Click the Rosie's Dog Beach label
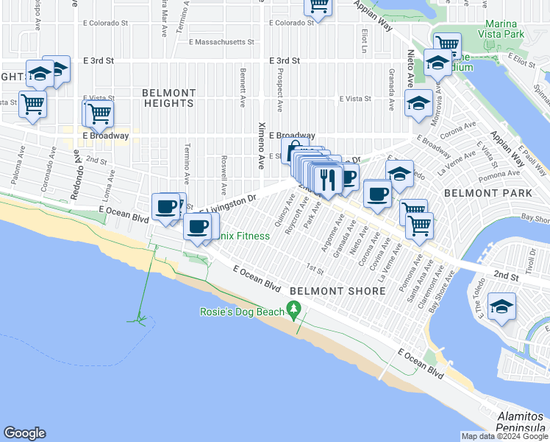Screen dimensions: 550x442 click(241, 312)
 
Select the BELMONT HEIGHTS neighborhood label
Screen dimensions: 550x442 click(168, 98)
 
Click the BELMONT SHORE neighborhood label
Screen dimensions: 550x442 click(337, 291)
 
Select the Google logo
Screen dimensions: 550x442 click(24, 433)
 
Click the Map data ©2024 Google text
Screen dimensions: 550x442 click(504, 436)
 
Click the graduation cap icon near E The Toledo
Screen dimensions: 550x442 click(501, 306)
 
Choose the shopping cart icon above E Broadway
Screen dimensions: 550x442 click(99, 113)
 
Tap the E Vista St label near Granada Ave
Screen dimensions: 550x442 click(354, 98)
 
